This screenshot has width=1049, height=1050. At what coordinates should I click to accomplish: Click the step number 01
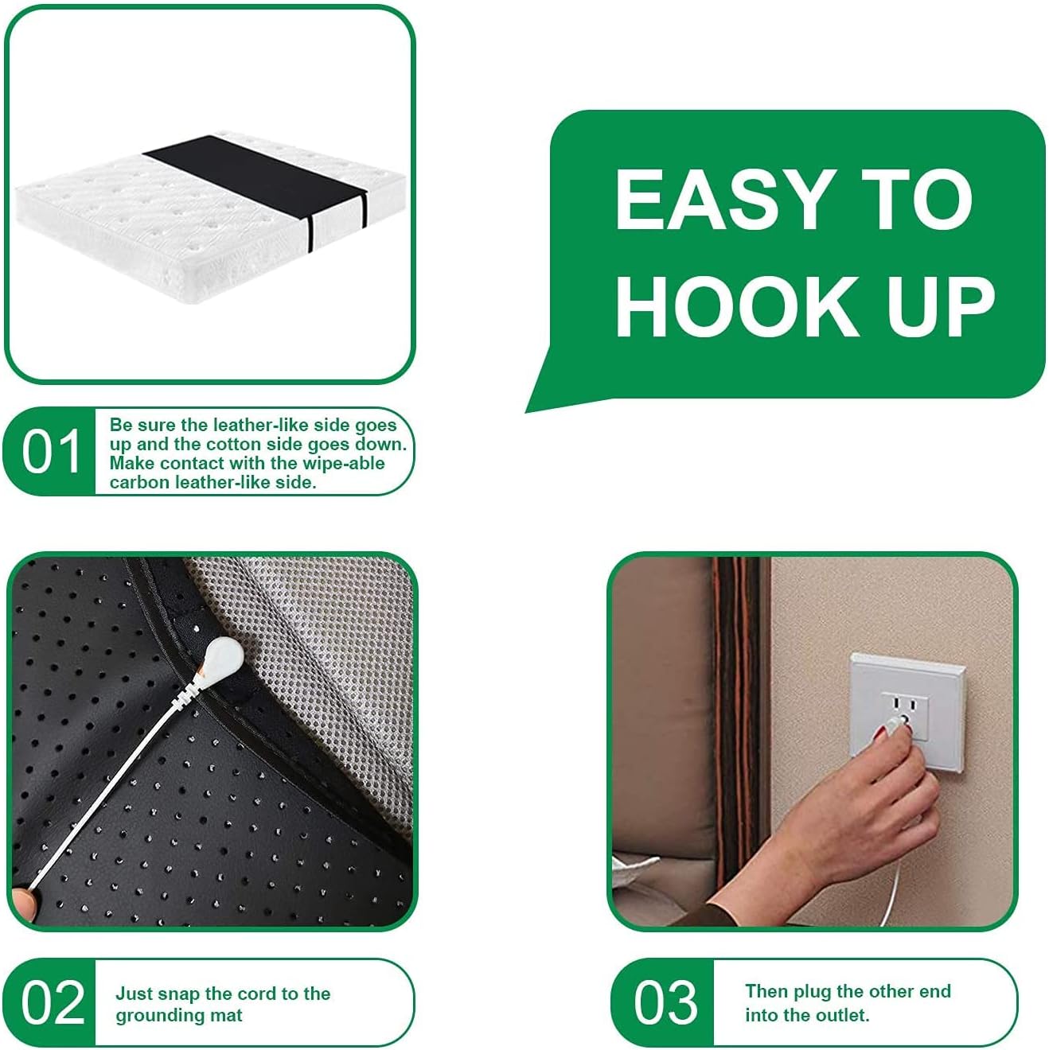coord(51,452)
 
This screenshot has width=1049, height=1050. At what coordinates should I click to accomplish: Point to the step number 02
coord(53,1002)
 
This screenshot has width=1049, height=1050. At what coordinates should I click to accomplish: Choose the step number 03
coord(665,1002)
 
